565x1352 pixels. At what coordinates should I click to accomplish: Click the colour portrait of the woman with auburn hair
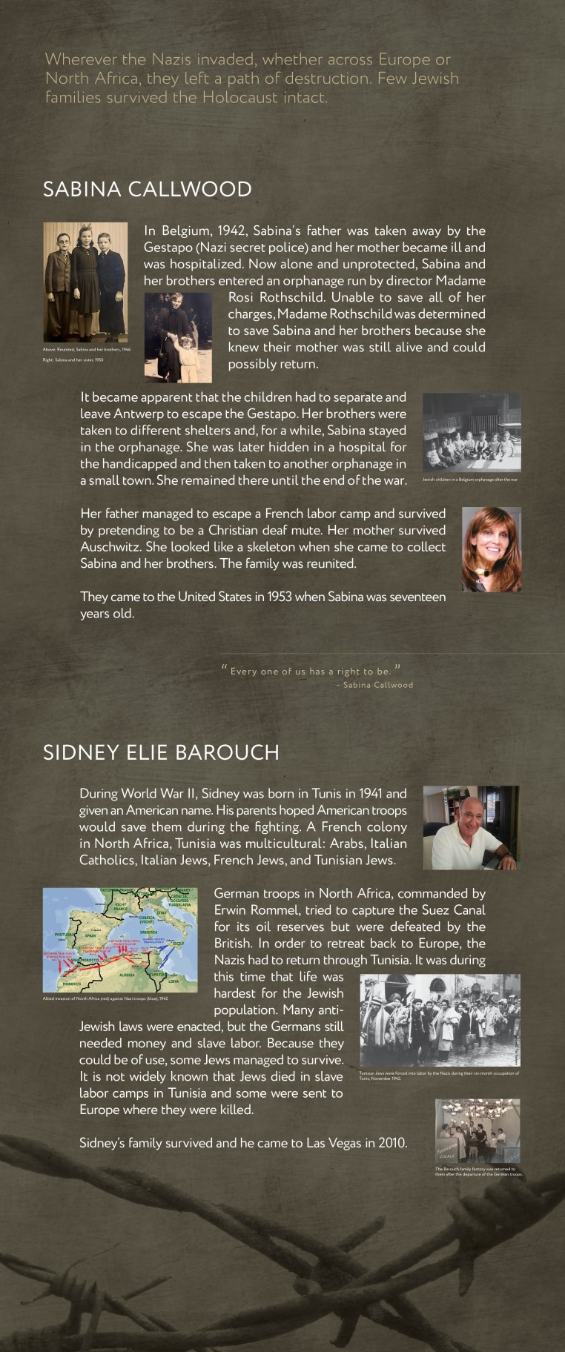pyautogui.click(x=491, y=549)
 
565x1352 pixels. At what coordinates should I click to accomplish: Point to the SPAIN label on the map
pyautogui.click(x=91, y=935)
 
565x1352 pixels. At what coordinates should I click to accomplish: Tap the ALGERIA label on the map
pyautogui.click(x=127, y=975)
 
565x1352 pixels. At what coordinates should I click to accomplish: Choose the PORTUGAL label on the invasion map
pyautogui.click(x=64, y=935)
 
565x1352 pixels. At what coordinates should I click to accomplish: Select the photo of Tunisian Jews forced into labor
pyautogui.click(x=440, y=1020)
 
